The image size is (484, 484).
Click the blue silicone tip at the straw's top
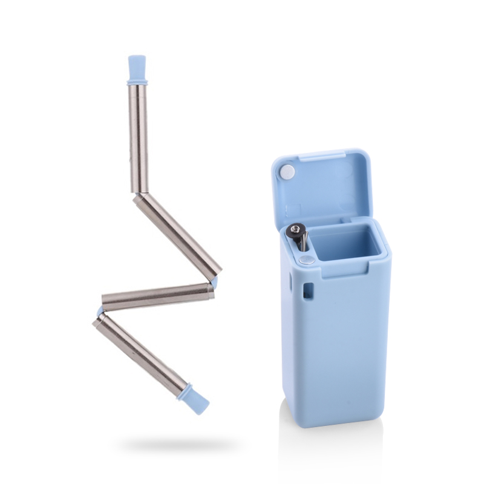(x=137, y=65)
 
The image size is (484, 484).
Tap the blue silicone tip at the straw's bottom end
(x=195, y=400)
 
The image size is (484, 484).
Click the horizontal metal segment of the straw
(x=158, y=296)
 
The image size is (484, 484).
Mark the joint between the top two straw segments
(x=138, y=194)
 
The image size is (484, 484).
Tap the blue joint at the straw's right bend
(x=214, y=282)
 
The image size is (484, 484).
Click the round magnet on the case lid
(x=289, y=172)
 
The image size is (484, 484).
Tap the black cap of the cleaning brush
(x=296, y=229)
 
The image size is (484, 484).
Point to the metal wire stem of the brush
(x=303, y=243)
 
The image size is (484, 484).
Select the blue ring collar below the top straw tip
(x=137, y=80)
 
